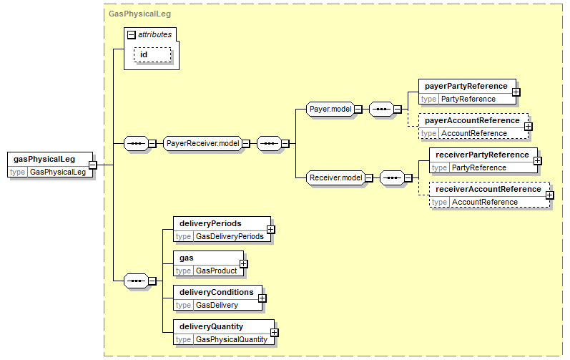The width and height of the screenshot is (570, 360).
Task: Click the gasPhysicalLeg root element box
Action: [x=50, y=165]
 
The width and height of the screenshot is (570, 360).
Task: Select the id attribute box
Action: [x=152, y=55]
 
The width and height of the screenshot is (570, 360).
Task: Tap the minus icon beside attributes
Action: [x=131, y=35]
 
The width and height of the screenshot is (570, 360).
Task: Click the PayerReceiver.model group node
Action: [x=203, y=143]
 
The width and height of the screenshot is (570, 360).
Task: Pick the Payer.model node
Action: [x=330, y=109]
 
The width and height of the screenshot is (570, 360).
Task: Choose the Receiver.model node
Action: [x=336, y=177]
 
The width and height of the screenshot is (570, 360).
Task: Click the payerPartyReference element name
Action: [x=466, y=86]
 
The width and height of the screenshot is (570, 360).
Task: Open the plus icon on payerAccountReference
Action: [x=529, y=127]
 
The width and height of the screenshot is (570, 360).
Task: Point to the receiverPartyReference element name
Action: [x=482, y=155]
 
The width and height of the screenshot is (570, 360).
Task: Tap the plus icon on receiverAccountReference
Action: [x=550, y=195]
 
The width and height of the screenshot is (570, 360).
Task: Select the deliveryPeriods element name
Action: [x=210, y=223]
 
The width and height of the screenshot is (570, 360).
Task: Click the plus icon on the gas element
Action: [x=244, y=264]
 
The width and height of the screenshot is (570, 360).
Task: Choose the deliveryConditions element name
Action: [x=216, y=292]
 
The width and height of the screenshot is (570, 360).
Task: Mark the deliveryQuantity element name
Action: [x=211, y=326]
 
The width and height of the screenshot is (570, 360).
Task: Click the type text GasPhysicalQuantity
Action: [x=232, y=340]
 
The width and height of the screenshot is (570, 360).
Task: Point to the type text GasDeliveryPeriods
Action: [x=230, y=236]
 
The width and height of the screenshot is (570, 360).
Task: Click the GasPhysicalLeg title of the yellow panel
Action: [x=139, y=14]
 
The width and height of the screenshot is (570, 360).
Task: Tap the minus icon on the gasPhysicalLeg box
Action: [x=93, y=165]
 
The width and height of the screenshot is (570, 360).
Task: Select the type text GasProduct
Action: [x=216, y=271]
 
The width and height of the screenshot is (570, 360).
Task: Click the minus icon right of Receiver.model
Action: [x=368, y=177]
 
